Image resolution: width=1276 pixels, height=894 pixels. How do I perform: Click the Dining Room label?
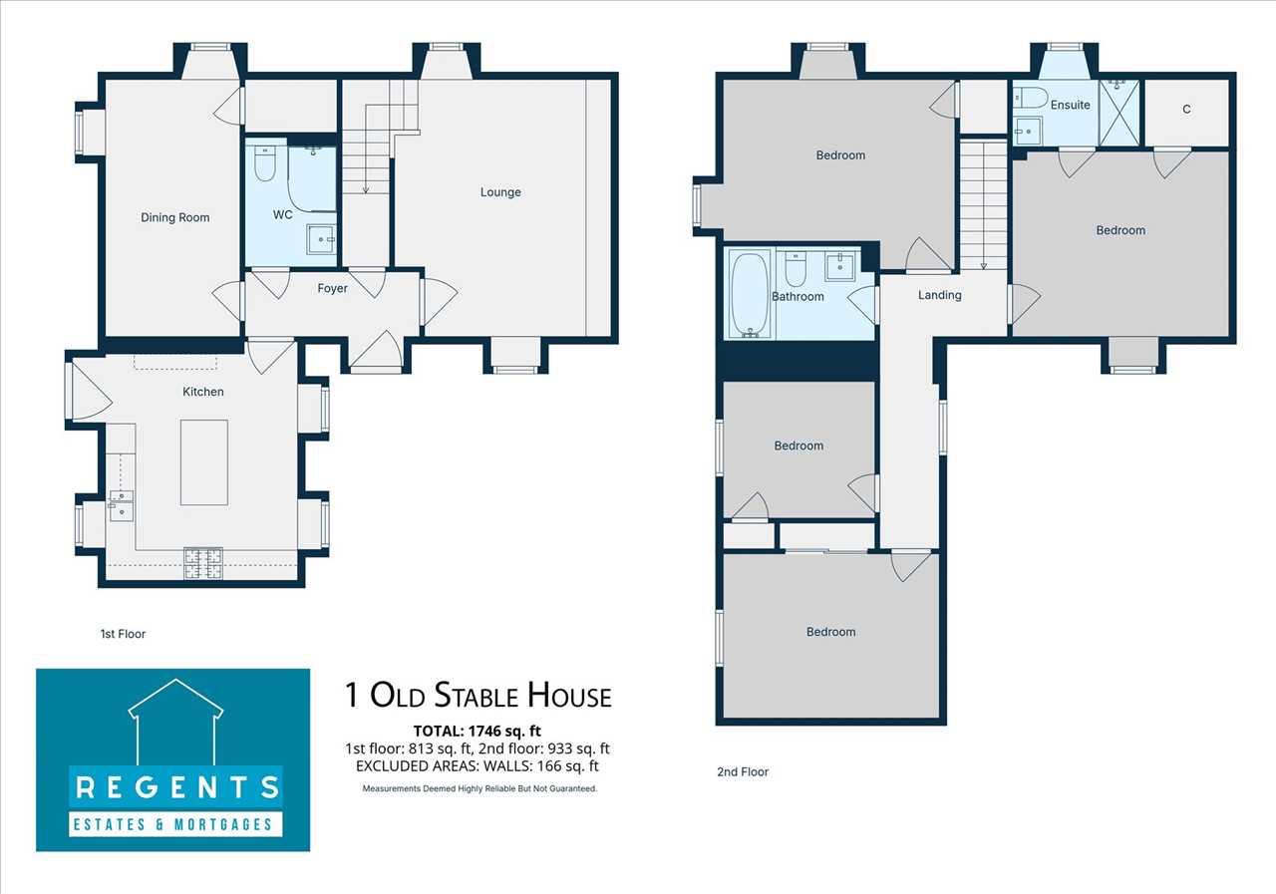pos(174,217)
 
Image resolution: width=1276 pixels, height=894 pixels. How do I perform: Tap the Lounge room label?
pos(500,192)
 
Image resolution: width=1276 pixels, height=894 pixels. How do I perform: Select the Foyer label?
pos(332,289)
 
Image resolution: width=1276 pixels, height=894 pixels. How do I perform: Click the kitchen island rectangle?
pos(204,462)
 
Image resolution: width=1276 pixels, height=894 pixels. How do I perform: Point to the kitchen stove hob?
pos(203,564)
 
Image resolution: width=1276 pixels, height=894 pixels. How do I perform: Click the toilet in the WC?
pos(264,162)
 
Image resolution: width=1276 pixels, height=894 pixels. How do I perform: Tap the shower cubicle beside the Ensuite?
pos(1119,113)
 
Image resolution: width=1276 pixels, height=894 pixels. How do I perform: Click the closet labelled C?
pos(1186,113)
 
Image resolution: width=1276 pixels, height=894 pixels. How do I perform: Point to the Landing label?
pos(939,295)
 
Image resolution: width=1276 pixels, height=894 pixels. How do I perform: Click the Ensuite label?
pos(1070,105)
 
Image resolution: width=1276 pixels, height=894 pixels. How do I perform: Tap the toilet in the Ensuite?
pos(1031,98)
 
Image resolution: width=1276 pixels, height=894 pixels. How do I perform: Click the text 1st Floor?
pos(123,634)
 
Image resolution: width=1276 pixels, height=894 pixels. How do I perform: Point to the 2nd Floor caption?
pos(743,771)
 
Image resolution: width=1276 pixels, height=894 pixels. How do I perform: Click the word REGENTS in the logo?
pos(177,787)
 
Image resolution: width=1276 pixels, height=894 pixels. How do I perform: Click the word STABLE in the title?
pos(477,696)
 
